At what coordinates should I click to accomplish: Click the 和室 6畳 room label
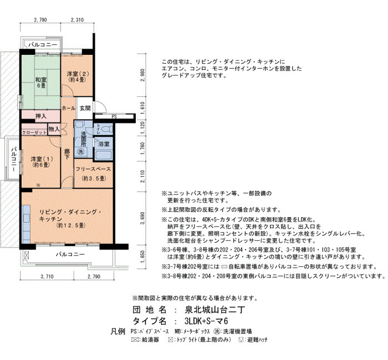click(x=41, y=83)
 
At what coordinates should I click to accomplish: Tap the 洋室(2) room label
click(x=78, y=76)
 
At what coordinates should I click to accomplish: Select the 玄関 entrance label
click(x=85, y=109)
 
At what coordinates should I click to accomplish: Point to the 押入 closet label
click(x=41, y=116)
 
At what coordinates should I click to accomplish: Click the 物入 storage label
click(x=54, y=129)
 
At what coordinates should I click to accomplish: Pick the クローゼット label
click(x=34, y=132)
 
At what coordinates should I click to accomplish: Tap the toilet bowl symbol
click(x=108, y=129)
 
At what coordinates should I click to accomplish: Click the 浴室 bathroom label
click(x=104, y=143)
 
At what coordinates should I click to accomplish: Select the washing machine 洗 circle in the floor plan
click(x=81, y=152)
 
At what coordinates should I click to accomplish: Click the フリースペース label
click(x=93, y=169)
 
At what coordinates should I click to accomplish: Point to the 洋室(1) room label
click(x=41, y=162)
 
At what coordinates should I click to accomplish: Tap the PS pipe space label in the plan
click(x=114, y=117)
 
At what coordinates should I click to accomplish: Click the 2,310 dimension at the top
click(x=77, y=20)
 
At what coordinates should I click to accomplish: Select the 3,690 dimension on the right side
click(x=142, y=218)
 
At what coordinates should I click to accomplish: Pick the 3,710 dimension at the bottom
click(x=47, y=276)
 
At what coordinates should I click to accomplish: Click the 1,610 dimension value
click(x=142, y=108)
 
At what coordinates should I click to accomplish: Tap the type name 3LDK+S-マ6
click(x=206, y=321)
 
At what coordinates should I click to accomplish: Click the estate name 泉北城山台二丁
click(x=215, y=310)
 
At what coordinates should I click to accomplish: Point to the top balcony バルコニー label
click(x=43, y=45)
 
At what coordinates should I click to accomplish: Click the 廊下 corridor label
click(x=67, y=154)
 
